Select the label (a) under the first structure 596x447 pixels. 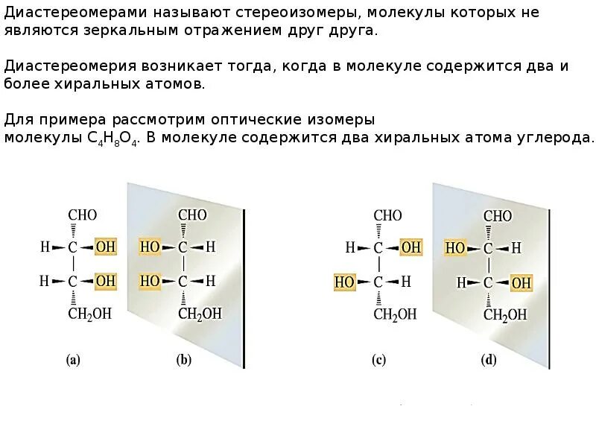72,361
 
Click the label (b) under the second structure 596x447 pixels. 183,361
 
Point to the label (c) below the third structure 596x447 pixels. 378,361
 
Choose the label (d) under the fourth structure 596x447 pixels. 489,361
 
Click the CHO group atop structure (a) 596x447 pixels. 82,215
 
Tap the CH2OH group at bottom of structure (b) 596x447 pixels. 200,314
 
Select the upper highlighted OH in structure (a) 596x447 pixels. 106,247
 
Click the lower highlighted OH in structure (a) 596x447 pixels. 106,281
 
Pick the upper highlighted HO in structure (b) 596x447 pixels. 150,247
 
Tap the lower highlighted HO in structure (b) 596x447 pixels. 150,281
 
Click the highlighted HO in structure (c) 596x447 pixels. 344,282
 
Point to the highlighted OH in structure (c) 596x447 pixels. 411,247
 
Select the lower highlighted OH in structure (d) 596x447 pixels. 521,283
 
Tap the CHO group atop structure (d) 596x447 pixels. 498,216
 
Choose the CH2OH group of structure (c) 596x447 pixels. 395,314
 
